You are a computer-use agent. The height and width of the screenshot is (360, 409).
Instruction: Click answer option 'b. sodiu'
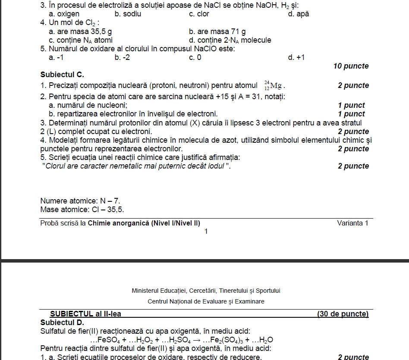pyautogui.click(x=128, y=14)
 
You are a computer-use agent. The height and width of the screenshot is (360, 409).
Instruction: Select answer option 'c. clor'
pyautogui.click(x=199, y=14)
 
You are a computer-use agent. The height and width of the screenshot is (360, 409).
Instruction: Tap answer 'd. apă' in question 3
pyautogui.click(x=298, y=14)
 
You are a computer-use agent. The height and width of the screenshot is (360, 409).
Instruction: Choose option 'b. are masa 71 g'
pyautogui.click(x=217, y=31)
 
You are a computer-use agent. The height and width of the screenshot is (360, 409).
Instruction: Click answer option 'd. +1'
pyautogui.click(x=296, y=57)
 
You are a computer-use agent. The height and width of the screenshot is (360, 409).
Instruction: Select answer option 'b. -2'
pyautogui.click(x=122, y=57)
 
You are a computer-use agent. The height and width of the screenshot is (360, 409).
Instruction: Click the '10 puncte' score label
pyautogui.click(x=351, y=66)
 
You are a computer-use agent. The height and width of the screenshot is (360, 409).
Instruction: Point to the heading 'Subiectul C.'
pyautogui.click(x=62, y=75)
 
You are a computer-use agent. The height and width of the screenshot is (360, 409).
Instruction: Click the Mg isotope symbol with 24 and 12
pyautogui.click(x=274, y=85)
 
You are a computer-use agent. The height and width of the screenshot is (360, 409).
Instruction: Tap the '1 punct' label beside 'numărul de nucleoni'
pyautogui.click(x=351, y=105)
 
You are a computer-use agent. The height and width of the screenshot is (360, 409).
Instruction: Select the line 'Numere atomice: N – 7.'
pyautogui.click(x=80, y=201)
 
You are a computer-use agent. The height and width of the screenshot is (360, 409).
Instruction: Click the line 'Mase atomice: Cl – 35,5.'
pyautogui.click(x=82, y=210)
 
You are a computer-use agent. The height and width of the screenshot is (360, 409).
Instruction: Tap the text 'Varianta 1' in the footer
pyautogui.click(x=352, y=223)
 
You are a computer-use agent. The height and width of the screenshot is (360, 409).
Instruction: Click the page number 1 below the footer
pyautogui.click(x=206, y=232)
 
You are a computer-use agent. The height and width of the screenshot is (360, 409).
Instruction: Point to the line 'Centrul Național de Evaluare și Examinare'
pyautogui.click(x=206, y=301)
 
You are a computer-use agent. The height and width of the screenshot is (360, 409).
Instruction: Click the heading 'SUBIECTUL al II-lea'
pyautogui.click(x=85, y=314)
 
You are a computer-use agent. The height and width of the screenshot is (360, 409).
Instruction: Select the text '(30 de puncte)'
pyautogui.click(x=343, y=314)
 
